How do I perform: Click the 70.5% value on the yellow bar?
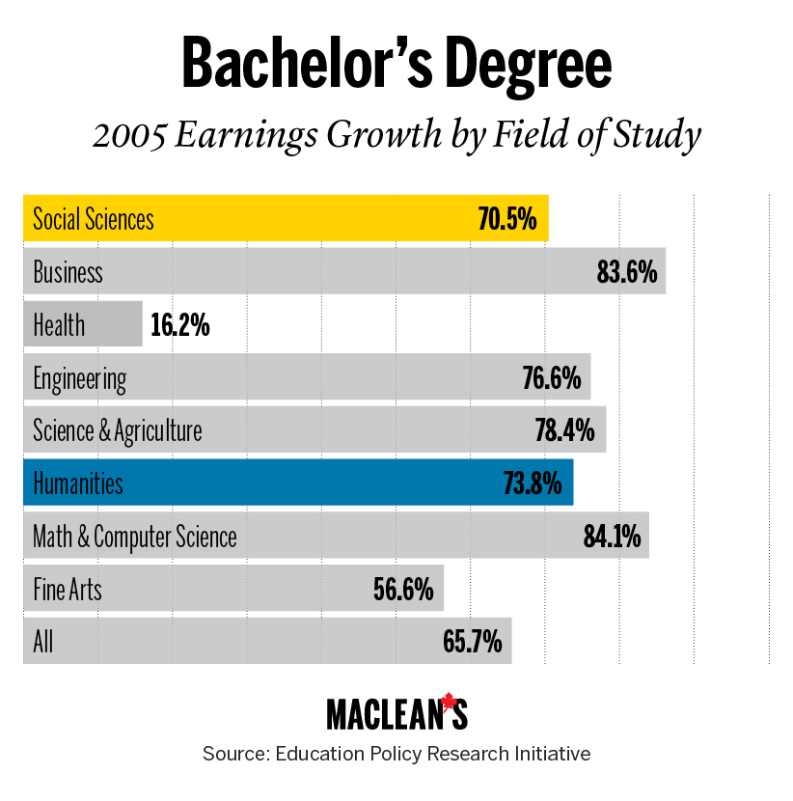tap(507, 219)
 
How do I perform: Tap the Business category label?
tap(68, 272)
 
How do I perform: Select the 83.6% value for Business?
tap(627, 272)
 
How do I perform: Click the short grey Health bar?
tap(83, 324)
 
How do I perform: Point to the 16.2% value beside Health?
tap(180, 325)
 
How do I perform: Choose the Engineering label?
tap(80, 379)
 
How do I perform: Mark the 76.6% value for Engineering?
tap(552, 378)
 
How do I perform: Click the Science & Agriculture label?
tap(118, 431)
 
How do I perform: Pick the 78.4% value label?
tap(564, 430)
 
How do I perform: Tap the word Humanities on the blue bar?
tap(78, 483)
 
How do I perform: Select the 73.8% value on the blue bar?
tap(533, 483)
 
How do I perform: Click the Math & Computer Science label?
tap(135, 538)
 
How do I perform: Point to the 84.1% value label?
tap(612, 537)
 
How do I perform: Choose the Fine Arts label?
tap(68, 590)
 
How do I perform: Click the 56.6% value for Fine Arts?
tap(403, 590)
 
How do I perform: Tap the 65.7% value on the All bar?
tap(473, 642)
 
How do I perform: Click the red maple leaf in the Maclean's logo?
tap(449, 702)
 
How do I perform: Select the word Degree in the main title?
tap(529, 66)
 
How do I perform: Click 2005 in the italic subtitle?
tap(129, 136)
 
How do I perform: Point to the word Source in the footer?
tap(236, 754)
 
